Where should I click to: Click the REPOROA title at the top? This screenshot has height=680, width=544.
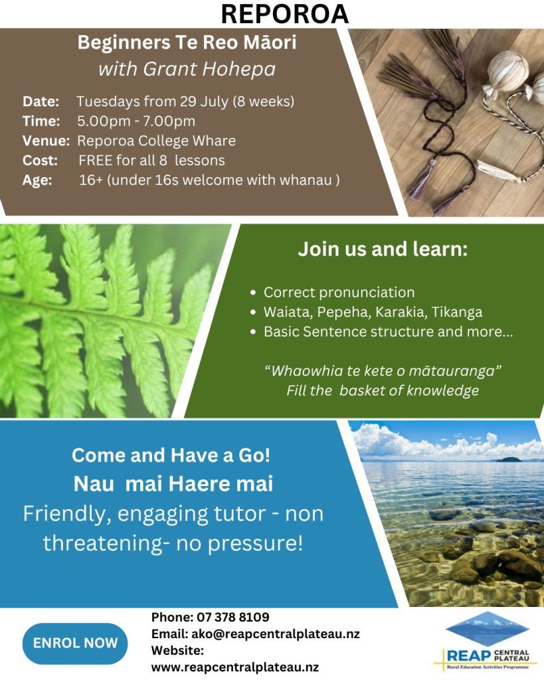(x=284, y=14)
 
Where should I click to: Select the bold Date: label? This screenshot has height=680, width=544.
(x=41, y=102)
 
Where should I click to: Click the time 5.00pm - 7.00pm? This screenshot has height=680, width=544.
(x=136, y=121)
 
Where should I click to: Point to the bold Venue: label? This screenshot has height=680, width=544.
(x=46, y=141)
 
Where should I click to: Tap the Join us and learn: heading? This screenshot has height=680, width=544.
(x=383, y=249)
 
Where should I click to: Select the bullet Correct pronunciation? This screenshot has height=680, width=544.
(x=339, y=293)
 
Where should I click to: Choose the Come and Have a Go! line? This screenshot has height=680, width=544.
(x=171, y=456)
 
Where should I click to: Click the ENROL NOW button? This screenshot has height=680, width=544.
(x=75, y=643)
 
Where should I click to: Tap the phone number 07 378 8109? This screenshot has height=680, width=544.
(x=233, y=617)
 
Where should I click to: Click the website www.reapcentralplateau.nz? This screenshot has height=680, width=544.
(x=234, y=667)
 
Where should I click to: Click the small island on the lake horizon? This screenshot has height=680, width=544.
(x=508, y=460)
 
